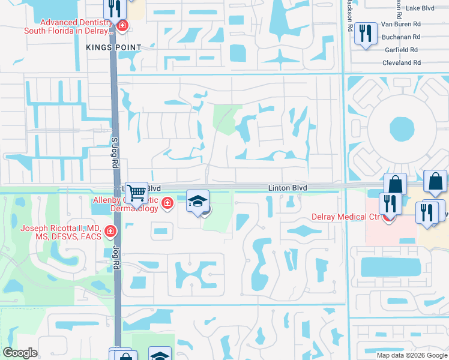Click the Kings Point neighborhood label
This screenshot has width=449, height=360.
tap(113, 47)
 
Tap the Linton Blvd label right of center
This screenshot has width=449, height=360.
tap(288, 188)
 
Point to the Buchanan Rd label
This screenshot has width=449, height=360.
tap(400, 37)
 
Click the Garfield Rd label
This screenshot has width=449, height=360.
tap(401, 50)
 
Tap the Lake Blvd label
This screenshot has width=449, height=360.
tap(420, 8)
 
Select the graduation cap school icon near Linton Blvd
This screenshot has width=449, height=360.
tap(197, 200)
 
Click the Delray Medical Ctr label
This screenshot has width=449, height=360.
tap(345, 217)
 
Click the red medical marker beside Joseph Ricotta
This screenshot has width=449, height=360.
tap(110, 231)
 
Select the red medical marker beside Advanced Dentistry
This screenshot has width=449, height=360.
tap(122, 26)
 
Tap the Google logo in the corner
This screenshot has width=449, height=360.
tap(20, 353)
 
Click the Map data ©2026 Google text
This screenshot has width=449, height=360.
tap(412, 355)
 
